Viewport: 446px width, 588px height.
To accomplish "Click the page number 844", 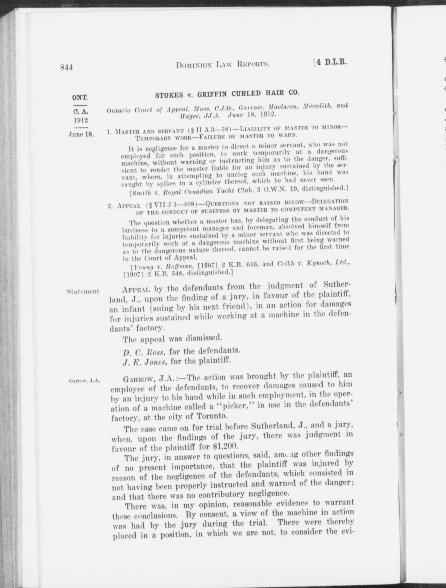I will click(x=66, y=67).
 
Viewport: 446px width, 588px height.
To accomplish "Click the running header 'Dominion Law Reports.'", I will click(x=223, y=65).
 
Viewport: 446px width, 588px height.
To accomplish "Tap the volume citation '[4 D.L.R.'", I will click(x=331, y=63).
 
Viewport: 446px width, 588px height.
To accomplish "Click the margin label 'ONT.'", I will click(x=80, y=97).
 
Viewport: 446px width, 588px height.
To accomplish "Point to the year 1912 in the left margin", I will click(x=80, y=119).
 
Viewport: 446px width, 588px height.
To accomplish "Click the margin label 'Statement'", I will click(x=83, y=291).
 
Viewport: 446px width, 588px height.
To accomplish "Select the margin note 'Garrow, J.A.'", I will click(x=84, y=381).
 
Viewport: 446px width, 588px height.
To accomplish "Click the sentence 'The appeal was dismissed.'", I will click(x=172, y=338).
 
